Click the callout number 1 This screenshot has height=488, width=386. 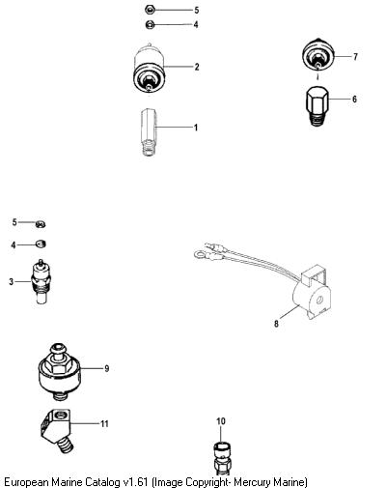[196, 128]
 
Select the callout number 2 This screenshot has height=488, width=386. [197, 67]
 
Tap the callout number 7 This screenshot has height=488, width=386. [355, 57]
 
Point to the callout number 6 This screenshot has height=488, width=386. [354, 99]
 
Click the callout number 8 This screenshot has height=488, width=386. [276, 324]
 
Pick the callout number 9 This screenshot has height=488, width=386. [107, 368]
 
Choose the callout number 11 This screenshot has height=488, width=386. [104, 423]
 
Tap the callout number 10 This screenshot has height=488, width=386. [221, 421]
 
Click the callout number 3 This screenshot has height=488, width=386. [12, 282]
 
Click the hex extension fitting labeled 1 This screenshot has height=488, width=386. [149, 132]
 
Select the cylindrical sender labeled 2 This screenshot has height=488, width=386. [150, 69]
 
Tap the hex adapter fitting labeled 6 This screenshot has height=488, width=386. [317, 106]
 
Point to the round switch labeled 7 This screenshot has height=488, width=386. [318, 54]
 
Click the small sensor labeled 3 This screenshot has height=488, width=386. [41, 281]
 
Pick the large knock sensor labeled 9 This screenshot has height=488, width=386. [60, 372]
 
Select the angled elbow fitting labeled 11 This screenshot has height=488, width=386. [56, 430]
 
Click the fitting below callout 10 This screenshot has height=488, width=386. [222, 458]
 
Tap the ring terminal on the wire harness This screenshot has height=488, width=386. [198, 255]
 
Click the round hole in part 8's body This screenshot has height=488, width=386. [319, 301]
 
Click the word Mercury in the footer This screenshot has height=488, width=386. [252, 482]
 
